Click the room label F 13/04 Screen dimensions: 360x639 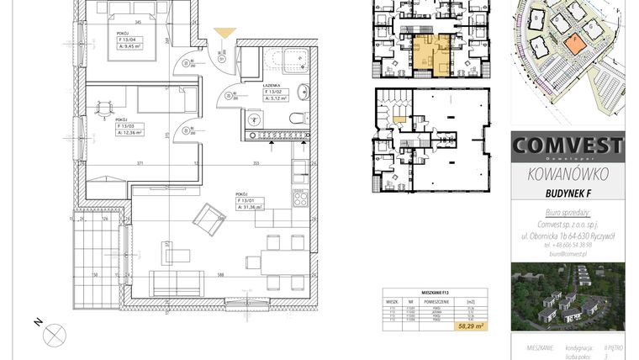[x=129, y=40]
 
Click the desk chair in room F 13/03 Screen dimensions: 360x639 [x=103, y=107]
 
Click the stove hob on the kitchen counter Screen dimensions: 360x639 [x=299, y=199]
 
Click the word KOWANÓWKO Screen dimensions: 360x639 [x=568, y=175]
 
